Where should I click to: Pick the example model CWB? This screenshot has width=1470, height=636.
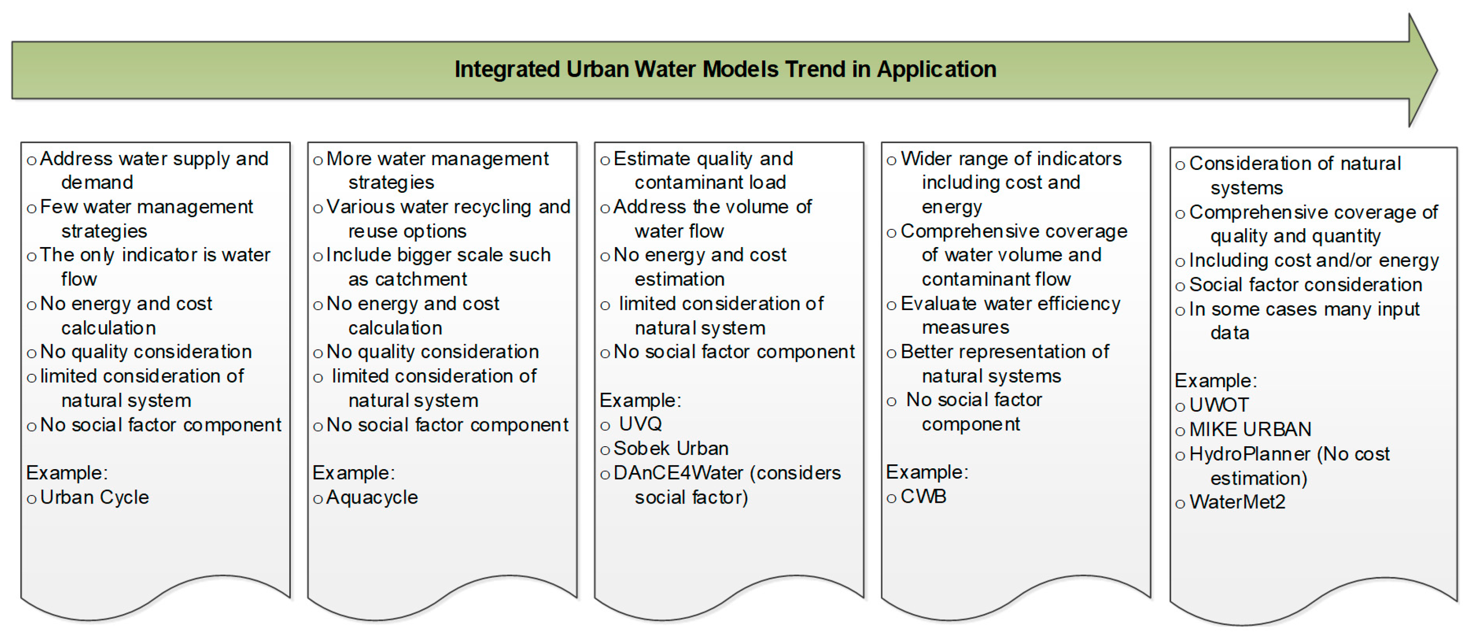[923, 497]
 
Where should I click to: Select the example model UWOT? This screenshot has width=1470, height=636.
[1219, 405]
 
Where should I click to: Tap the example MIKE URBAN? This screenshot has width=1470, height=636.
[1250, 429]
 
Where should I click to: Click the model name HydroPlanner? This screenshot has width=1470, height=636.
[1250, 454]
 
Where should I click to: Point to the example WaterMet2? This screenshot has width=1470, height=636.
[1237, 502]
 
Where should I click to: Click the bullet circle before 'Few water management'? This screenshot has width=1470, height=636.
[32, 208]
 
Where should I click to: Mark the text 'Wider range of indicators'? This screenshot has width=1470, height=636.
[1011, 159]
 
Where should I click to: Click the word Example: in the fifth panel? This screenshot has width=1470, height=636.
[1215, 381]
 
